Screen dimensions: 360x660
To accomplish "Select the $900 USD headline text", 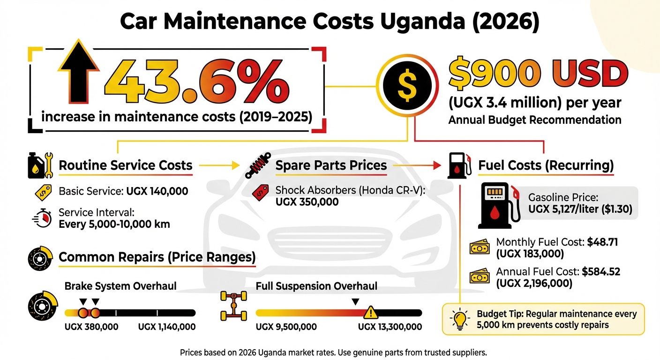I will [x=538, y=74].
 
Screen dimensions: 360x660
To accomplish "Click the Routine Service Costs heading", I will [x=126, y=165].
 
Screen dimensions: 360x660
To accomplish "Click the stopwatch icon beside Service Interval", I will [x=42, y=218].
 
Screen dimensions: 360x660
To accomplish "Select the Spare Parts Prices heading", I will [x=331, y=165].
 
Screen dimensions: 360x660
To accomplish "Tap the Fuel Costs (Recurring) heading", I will [x=546, y=165].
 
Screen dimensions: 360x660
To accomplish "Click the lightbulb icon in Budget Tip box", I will [x=459, y=319].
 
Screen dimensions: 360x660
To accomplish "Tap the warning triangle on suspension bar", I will [x=370, y=312].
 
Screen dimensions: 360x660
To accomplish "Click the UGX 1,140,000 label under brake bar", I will [x=167, y=327].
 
